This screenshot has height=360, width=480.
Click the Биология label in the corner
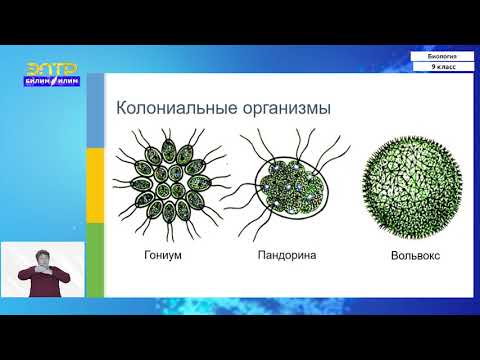tap(443, 56)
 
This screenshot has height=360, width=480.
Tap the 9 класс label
tap(443, 67)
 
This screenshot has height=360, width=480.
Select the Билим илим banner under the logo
tap(51, 83)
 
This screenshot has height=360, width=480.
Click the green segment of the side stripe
tap(95, 260)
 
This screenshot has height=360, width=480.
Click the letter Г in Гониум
tap(136, 256)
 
